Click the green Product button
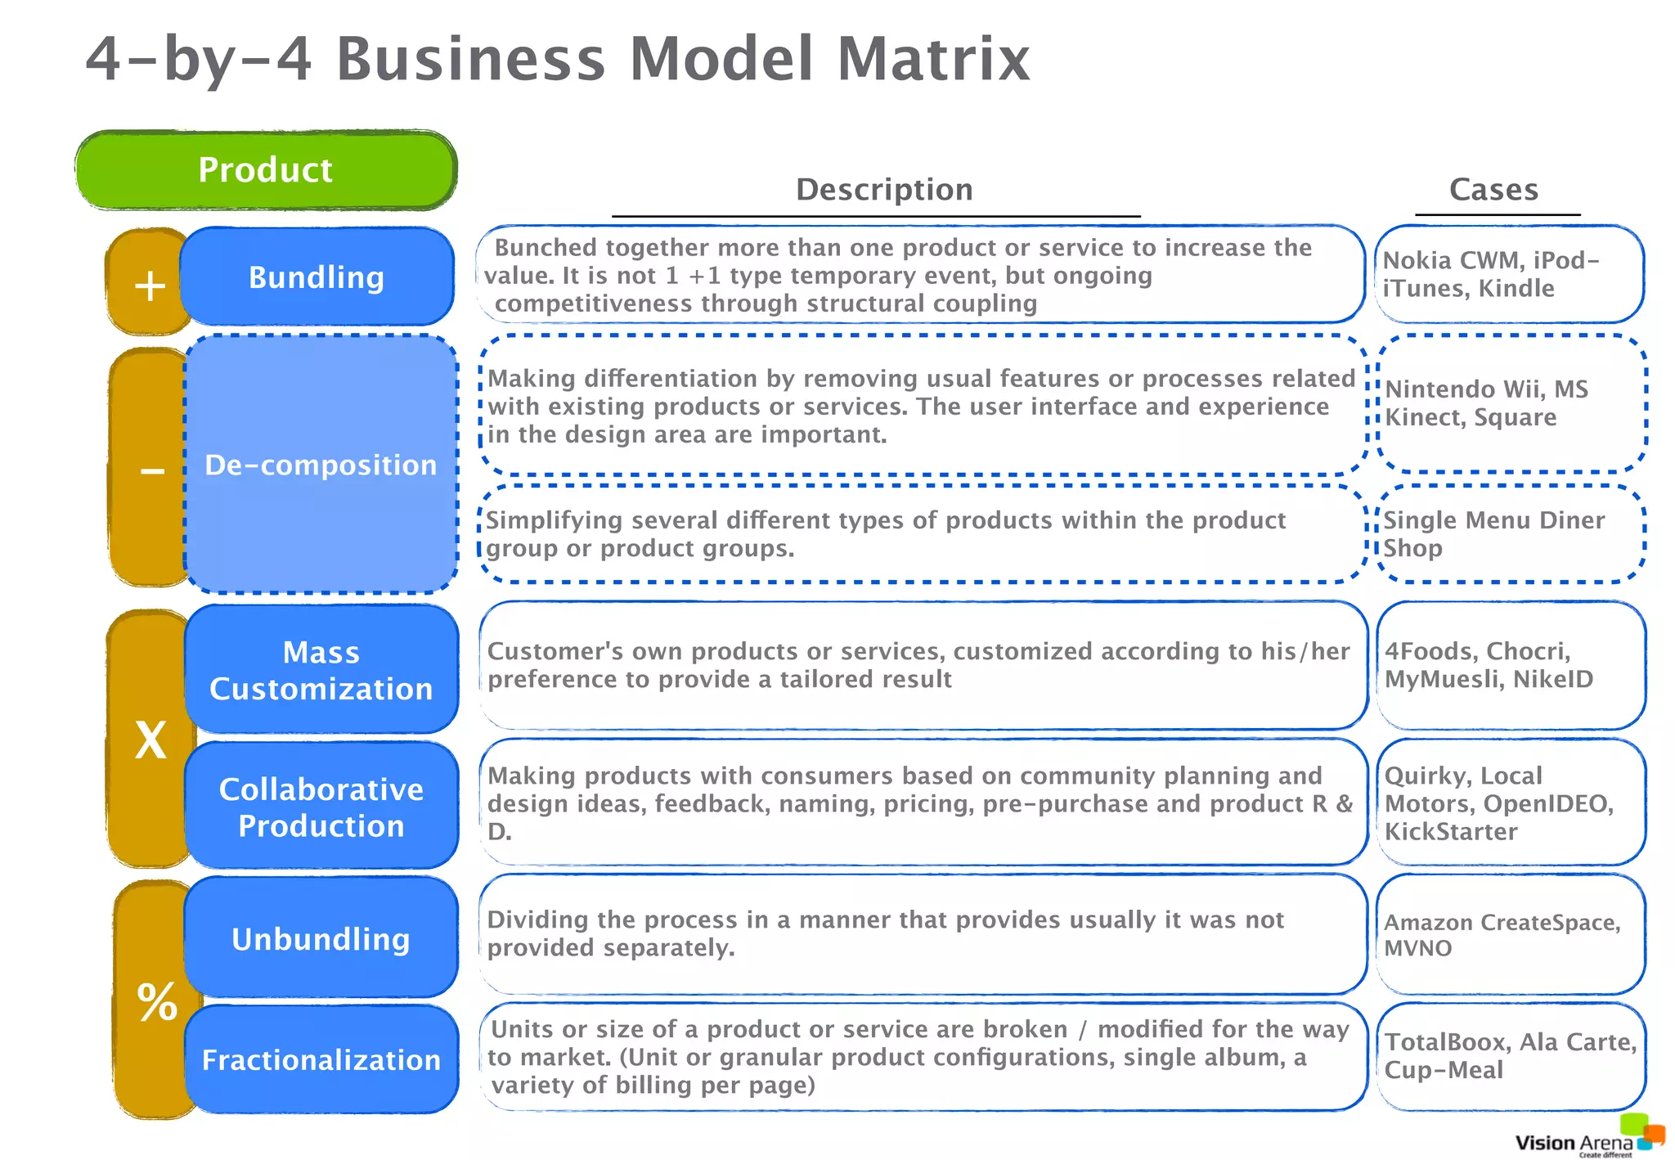[x=266, y=170]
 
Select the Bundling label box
[x=317, y=277]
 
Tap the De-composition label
[x=321, y=465]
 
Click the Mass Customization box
[x=321, y=670]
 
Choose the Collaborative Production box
[x=321, y=807]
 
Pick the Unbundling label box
[x=321, y=938]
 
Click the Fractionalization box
[x=321, y=1059]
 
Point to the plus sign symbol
[x=150, y=286]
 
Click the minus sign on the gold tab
[x=152, y=470]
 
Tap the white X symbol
[x=150, y=741]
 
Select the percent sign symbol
[x=157, y=1001]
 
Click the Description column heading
[x=884, y=190]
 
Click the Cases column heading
[x=1493, y=190]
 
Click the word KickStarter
[x=1451, y=832]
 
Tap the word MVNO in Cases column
[x=1418, y=948]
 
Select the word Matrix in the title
[x=933, y=59]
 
